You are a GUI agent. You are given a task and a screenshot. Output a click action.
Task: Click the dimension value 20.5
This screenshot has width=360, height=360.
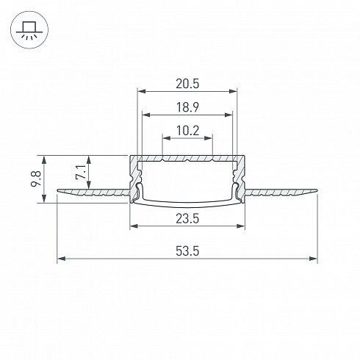(187, 84)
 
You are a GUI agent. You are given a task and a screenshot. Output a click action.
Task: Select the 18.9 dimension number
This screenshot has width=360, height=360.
(187, 107)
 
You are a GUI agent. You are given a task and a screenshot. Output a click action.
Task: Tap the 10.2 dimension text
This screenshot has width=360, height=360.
(187, 131)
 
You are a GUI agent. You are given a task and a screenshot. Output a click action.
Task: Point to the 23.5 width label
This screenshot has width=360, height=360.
(187, 218)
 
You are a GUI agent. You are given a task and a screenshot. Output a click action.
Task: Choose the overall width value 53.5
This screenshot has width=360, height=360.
(187, 251)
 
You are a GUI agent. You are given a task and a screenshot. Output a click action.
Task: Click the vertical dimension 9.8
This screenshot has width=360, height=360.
(36, 179)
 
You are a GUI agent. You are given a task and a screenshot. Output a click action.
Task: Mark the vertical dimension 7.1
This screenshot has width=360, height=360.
(81, 173)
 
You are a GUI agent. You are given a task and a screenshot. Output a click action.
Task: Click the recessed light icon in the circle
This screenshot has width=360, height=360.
(29, 30)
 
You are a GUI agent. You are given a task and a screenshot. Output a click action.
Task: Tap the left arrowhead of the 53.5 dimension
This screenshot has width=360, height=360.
(61, 259)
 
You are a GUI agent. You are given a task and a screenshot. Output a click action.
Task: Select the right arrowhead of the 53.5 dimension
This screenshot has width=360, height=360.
(313, 259)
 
